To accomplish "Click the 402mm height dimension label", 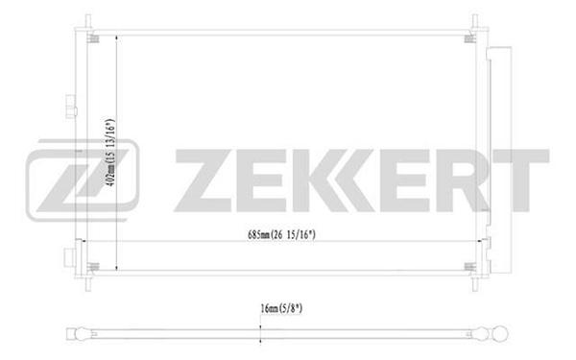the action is pos(110,152).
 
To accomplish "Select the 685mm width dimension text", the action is pos(281,234).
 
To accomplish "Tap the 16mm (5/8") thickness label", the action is pos(281,308).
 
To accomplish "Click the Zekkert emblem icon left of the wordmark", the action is pos(83,180).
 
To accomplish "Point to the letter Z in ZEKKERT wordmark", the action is pos(205,180).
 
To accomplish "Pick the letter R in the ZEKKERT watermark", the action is pos(463,180).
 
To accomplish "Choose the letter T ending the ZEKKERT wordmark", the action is pos(521,180).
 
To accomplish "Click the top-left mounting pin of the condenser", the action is pos(88,21).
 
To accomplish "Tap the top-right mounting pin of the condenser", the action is pos(474,21).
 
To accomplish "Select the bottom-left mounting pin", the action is pos(88,284).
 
